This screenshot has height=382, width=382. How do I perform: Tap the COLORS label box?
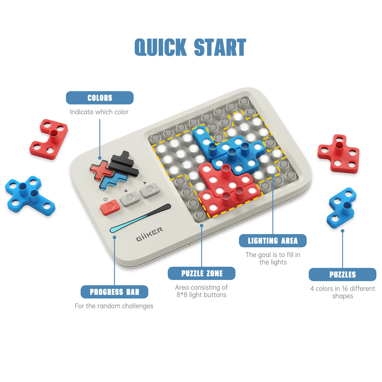click(99, 98)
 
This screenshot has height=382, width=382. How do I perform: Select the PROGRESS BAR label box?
click(114, 292)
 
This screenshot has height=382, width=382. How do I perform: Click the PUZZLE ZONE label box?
click(202, 273)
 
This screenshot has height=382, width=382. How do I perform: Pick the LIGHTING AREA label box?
click(273, 241)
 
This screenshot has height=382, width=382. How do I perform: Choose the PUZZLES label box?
click(342, 275)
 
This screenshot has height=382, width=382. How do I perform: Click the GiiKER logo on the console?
click(150, 234)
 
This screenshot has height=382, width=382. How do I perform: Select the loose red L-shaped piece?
click(49, 139)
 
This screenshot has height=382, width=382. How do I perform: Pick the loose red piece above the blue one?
click(338, 154)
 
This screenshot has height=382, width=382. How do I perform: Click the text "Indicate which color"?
click(99, 112)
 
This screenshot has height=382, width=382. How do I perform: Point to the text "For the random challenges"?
click(114, 306)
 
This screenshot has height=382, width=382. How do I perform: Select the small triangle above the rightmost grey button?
click(145, 183)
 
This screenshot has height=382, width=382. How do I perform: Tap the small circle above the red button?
click(105, 199)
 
